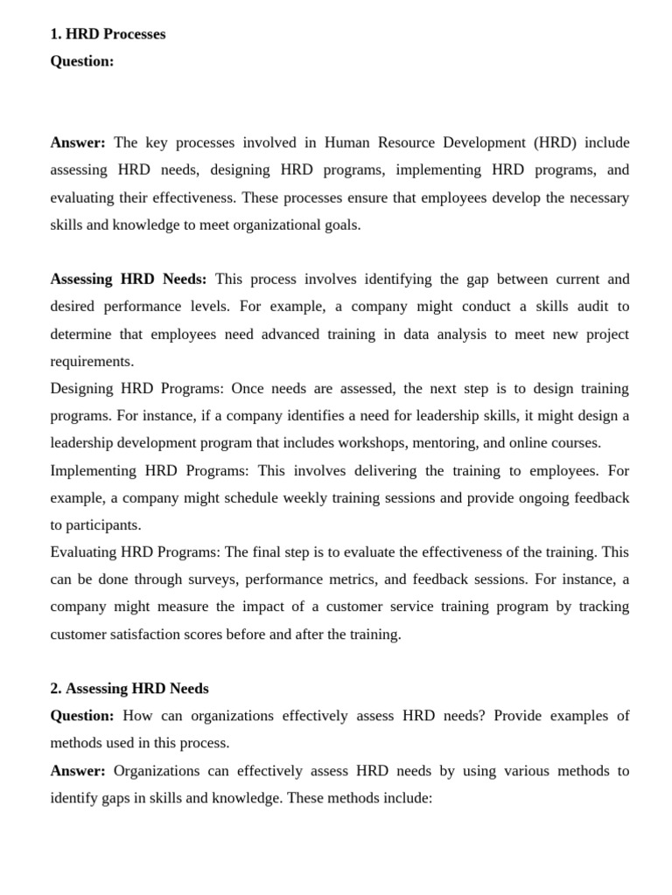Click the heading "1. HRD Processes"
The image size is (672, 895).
pyautogui.click(x=108, y=34)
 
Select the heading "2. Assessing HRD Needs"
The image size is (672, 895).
pyautogui.click(x=129, y=688)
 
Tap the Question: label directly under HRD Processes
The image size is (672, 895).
pyautogui.click(x=82, y=61)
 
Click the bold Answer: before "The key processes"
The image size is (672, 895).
pyautogui.click(x=78, y=142)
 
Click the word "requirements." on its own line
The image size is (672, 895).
pyautogui.click(x=92, y=361)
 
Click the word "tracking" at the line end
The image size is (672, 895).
pyautogui.click(x=604, y=607)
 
